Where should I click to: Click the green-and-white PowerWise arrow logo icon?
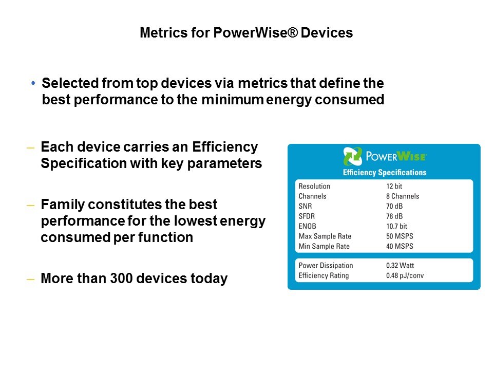[x=352, y=156]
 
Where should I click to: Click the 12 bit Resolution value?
[x=394, y=186]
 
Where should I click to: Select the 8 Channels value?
[x=403, y=196]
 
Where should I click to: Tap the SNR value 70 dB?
[x=394, y=207]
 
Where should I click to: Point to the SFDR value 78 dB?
[x=394, y=216]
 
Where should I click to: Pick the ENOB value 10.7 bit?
[x=396, y=226]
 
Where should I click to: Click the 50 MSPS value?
[x=400, y=236]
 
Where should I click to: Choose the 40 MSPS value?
[x=400, y=246]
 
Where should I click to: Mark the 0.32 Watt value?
[x=400, y=266]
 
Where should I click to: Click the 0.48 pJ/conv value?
[x=405, y=275]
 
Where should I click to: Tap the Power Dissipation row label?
[x=326, y=266]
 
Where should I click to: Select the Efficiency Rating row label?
[x=324, y=275]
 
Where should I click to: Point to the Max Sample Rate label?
[x=325, y=236]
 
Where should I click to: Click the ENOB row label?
[x=307, y=226]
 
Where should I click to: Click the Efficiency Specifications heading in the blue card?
[x=385, y=173]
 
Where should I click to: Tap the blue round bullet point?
[x=33, y=83]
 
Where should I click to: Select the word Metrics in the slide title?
[x=163, y=33]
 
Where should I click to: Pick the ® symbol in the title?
[x=292, y=32]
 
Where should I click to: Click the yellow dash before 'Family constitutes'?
[x=30, y=206]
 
